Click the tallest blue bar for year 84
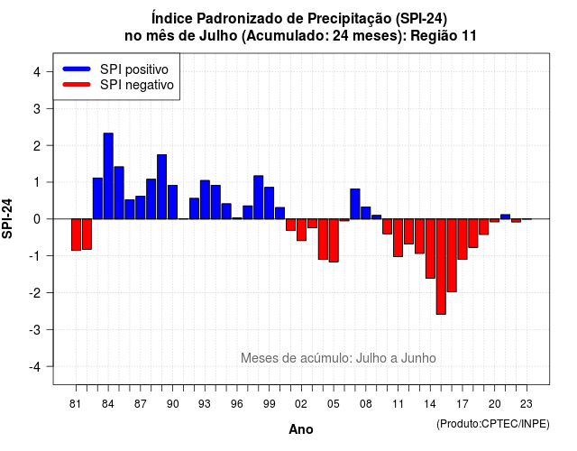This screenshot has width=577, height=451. tap(108, 176)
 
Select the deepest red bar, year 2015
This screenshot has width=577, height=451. tap(441, 267)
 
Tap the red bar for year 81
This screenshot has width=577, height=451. tap(76, 235)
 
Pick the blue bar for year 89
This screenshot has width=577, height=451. tap(162, 187)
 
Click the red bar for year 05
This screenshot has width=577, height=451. tap(334, 241)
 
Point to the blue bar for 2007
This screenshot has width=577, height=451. tap(355, 204)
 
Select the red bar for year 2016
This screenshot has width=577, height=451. tap(452, 255)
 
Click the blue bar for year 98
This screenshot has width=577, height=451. tap(259, 198)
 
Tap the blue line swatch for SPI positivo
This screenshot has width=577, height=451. tap(77, 69)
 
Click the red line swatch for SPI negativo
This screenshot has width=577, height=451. tap(77, 84)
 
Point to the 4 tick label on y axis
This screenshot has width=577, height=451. tap(37, 72)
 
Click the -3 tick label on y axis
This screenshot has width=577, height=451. tap(35, 329)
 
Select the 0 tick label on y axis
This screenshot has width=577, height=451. tap(37, 219)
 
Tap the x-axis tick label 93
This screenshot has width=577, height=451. tap(205, 404)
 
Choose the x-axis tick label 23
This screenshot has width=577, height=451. tap(527, 404)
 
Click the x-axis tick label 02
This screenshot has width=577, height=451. tap(301, 404)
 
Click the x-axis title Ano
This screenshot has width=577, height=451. tap(301, 429)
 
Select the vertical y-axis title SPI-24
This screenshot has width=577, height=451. tap(7, 218)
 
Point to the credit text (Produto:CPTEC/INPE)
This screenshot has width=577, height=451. tap(493, 424)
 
